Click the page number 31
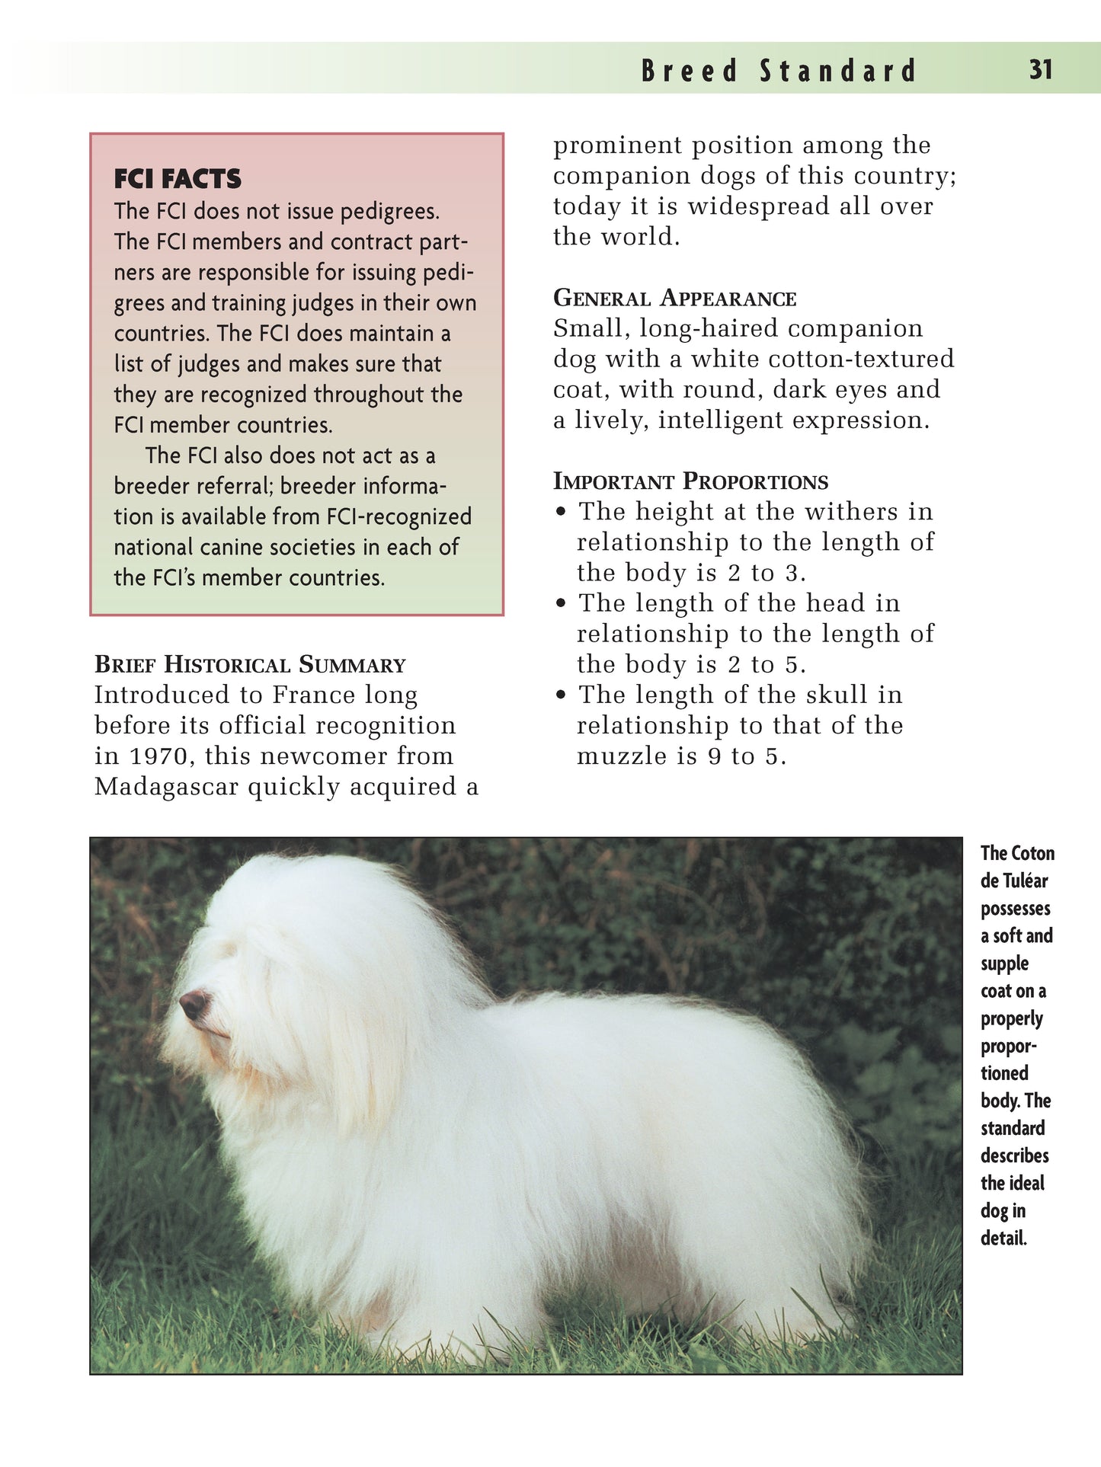click(1040, 70)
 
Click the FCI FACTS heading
click(178, 179)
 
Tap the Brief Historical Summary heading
click(250, 664)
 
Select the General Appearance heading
click(674, 298)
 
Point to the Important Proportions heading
click(690, 481)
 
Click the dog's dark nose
click(194, 1004)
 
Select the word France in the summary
click(313, 695)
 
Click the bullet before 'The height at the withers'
click(562, 512)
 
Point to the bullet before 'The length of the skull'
click(562, 695)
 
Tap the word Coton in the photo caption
click(1033, 853)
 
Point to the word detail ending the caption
click(1003, 1238)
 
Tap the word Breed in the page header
click(690, 71)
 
